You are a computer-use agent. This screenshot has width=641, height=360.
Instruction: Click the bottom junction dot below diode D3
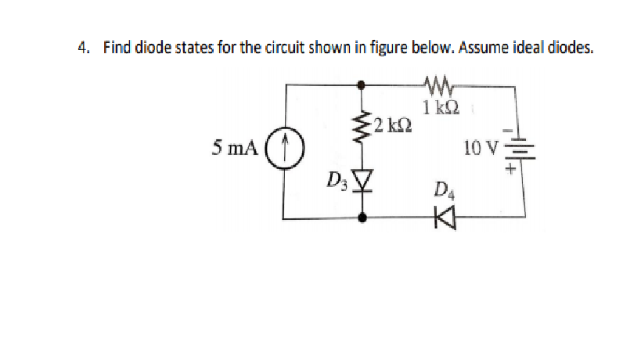coord(362,220)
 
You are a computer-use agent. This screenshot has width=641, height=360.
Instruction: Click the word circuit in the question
coord(265,49)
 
